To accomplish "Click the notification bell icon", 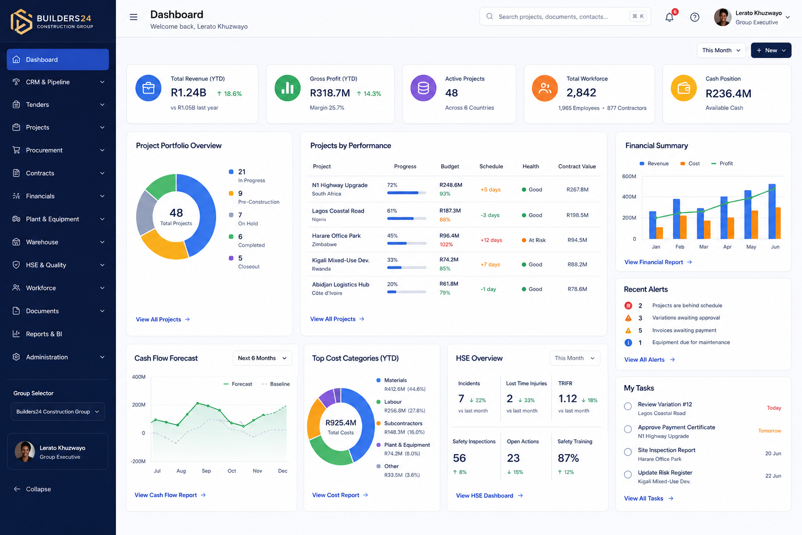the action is (x=669, y=17).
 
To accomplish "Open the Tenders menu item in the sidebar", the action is (x=57, y=104).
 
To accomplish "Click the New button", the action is (x=771, y=50).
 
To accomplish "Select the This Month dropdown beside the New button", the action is (x=721, y=50).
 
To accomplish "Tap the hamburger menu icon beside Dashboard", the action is (x=134, y=17).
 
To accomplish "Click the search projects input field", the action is (x=565, y=17).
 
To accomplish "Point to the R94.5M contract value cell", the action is (x=577, y=240).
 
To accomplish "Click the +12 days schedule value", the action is (x=491, y=240).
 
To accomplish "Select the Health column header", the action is (x=530, y=166).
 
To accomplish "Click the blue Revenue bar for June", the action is (x=772, y=212).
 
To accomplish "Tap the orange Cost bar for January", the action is (x=659, y=233).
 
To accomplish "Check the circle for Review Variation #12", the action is (x=628, y=406).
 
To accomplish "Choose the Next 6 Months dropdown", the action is (x=262, y=358).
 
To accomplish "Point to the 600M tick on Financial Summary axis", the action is (x=629, y=176).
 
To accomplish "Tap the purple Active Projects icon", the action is (x=423, y=88).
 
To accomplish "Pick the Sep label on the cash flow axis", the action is (x=206, y=471).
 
